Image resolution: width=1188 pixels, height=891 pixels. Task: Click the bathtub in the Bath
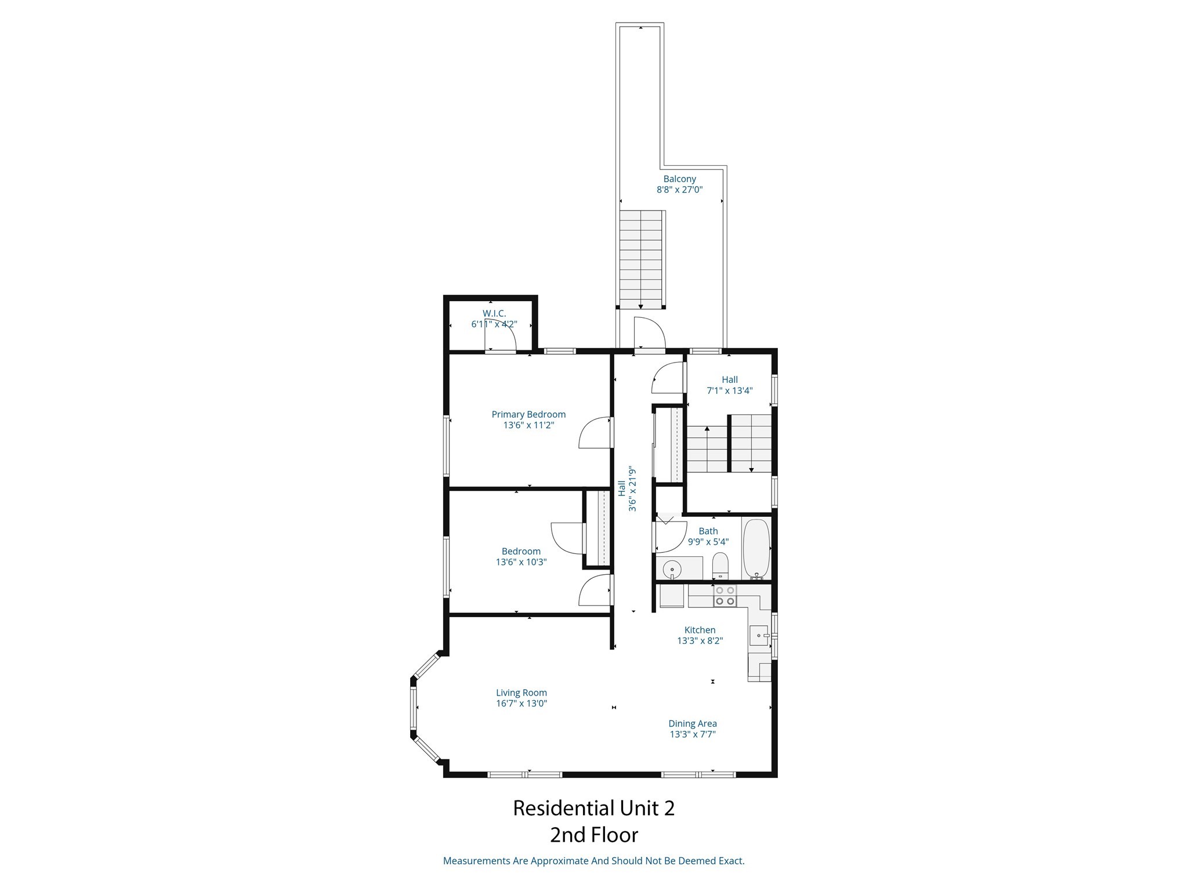point(756,548)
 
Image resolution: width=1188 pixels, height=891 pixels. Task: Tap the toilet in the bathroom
point(720,566)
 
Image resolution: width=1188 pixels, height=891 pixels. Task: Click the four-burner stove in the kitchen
point(725,596)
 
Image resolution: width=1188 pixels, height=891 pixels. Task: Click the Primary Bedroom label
point(528,414)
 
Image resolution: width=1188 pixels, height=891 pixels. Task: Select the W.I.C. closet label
point(494,313)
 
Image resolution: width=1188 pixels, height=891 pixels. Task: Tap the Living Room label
point(521,693)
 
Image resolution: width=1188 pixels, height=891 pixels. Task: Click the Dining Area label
point(693,723)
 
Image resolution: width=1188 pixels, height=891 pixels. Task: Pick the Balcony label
point(680,179)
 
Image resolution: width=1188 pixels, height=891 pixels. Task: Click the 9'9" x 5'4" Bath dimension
point(708,542)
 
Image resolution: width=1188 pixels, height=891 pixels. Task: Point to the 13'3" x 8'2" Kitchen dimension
point(700,641)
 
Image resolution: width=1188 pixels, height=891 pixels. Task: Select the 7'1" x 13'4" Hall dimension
point(729,391)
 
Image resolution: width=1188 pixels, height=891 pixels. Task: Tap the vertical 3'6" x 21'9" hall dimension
point(633,489)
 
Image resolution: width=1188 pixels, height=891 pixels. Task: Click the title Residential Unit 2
point(593,808)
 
